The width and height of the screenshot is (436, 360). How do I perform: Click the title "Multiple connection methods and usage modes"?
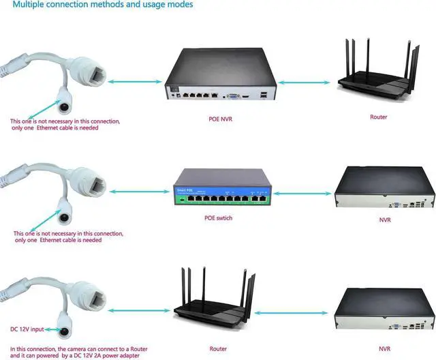[x=102, y=5]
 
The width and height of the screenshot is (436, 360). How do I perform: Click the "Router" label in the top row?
[x=378, y=117]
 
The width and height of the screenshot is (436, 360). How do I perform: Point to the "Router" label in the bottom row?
[x=219, y=329]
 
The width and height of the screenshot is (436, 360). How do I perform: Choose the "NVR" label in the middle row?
[x=385, y=220]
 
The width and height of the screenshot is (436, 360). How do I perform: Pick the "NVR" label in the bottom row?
[x=385, y=329]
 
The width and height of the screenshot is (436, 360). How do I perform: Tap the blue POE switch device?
[x=223, y=187]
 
